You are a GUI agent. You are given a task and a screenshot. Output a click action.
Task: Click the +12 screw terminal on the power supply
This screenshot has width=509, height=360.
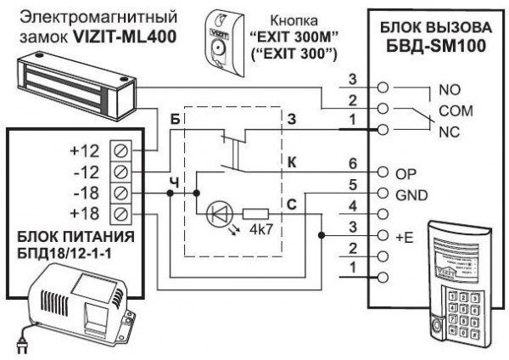tap(120, 150)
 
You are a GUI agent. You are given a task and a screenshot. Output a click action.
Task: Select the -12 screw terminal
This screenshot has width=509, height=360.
tap(120, 170)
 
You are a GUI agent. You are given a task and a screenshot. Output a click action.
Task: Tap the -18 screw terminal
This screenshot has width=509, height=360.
tap(120, 190)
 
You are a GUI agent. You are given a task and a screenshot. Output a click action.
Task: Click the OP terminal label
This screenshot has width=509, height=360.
tap(406, 173)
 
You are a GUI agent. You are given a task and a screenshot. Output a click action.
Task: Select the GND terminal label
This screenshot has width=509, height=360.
tap(411, 193)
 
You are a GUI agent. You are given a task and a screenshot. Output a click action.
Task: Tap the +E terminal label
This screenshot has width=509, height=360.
tap(405, 233)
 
